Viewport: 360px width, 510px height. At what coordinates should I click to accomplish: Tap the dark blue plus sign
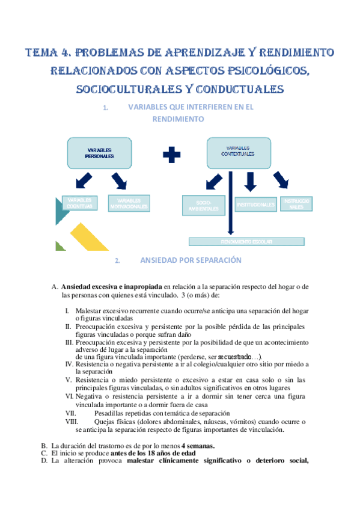172,155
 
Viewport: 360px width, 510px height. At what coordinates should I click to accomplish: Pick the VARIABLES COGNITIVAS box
79,203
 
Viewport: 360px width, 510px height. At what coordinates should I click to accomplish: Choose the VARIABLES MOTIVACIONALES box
129,203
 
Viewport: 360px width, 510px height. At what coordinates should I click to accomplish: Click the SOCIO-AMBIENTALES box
203,204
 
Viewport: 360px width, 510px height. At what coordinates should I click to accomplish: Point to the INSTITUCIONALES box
255,205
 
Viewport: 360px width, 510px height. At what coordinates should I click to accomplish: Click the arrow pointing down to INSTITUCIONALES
251,180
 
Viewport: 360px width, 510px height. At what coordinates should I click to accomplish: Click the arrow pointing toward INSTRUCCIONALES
281,179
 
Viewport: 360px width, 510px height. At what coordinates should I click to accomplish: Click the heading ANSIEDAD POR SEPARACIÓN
190,260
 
